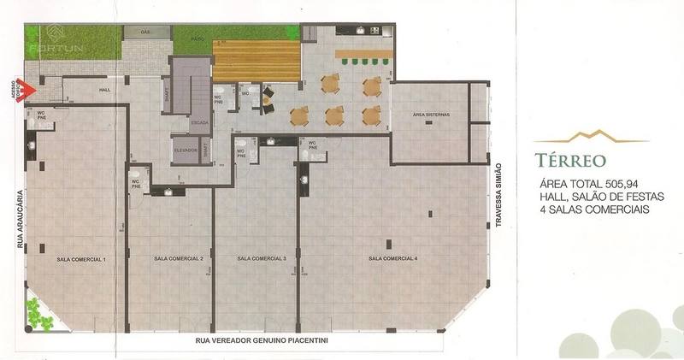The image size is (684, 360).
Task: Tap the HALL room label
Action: click(106, 90)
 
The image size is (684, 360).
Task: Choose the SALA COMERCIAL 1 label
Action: click(80, 258)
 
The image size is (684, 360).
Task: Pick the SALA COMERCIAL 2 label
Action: click(178, 258)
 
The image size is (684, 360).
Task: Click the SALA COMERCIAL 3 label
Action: click(262, 258)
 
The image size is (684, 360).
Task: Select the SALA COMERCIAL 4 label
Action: click(393, 258)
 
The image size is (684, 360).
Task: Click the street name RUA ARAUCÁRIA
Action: click(19, 217)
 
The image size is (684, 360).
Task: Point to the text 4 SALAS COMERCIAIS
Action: click(597, 210)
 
